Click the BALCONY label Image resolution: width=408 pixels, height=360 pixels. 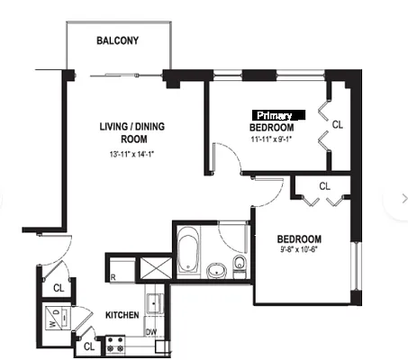point(117,41)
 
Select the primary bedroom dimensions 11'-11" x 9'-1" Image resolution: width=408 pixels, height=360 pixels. point(274,139)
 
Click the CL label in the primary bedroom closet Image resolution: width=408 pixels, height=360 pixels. point(338,124)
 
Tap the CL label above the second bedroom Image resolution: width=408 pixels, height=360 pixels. point(324,186)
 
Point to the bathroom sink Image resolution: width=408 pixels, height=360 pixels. point(216,269)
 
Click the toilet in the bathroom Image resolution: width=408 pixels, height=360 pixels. point(240,264)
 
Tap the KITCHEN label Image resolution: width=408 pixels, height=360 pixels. point(122,316)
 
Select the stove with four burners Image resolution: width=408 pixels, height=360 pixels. point(116,343)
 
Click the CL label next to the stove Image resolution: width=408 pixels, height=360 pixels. point(88,345)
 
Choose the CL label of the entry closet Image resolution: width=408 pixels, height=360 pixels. point(57,288)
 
